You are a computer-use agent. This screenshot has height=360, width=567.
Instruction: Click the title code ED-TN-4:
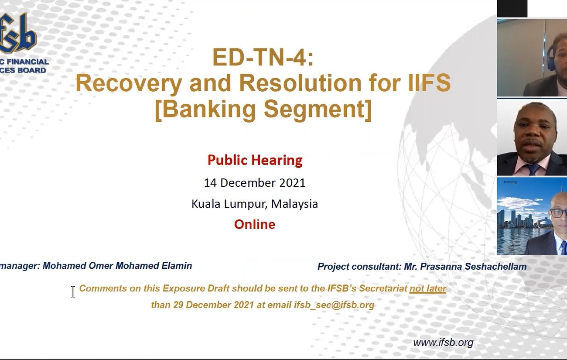[263, 57]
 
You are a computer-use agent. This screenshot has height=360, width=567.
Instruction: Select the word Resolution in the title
[300, 82]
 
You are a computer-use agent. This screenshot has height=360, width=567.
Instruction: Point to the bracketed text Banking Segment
[263, 109]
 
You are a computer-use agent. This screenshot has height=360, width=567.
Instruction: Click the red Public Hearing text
[255, 160]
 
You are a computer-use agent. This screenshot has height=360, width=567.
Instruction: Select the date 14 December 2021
[255, 183]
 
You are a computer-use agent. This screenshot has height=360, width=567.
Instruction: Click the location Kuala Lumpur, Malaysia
[255, 204]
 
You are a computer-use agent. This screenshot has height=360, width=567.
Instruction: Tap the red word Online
[255, 224]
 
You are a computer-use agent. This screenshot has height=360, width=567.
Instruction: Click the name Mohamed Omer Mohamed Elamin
[117, 266]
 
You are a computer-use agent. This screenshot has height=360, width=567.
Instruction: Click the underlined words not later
[428, 288]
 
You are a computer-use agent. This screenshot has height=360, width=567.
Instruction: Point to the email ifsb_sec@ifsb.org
[334, 305]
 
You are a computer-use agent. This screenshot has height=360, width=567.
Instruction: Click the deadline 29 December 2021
[213, 305]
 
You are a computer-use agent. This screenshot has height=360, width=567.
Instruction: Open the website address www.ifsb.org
[443, 343]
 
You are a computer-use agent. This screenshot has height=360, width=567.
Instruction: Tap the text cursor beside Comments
[73, 292]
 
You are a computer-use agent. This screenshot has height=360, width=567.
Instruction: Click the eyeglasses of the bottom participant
[559, 213]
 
